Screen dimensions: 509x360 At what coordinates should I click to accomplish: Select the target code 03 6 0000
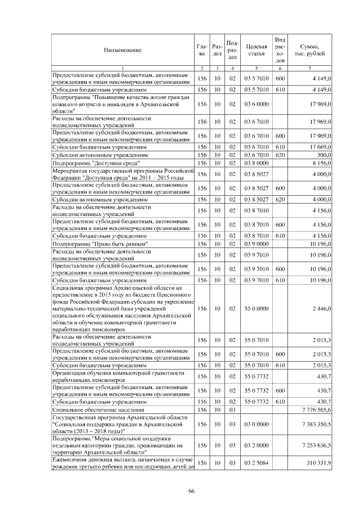tap(256, 104)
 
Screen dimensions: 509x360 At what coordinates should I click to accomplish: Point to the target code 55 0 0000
tap(256, 308)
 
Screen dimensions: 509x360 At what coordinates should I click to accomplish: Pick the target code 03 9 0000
tap(256, 244)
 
